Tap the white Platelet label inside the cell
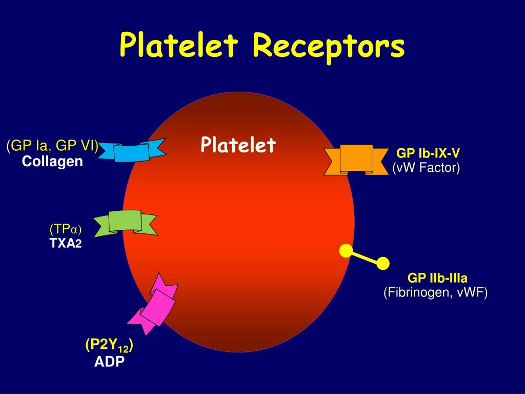(238, 145)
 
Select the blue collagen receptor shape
(132, 151)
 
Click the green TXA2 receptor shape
(125, 222)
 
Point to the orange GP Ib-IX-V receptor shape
(356, 159)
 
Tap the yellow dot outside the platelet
(383, 263)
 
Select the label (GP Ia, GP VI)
(53, 146)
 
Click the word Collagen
(52, 162)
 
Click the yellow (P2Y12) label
(109, 346)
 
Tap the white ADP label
(109, 362)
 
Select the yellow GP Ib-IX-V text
(428, 153)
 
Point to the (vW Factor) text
(427, 167)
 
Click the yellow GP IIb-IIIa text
(437, 279)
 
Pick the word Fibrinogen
(415, 292)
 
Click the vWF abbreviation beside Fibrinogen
(473, 292)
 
